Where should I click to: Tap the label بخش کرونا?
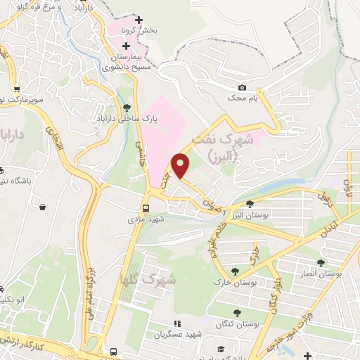tap(156, 31)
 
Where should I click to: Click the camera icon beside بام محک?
tap(243, 87)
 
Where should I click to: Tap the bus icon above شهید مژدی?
tap(146, 209)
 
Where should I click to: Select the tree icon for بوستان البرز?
tap(250, 203)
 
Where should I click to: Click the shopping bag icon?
tap(44, 207)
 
